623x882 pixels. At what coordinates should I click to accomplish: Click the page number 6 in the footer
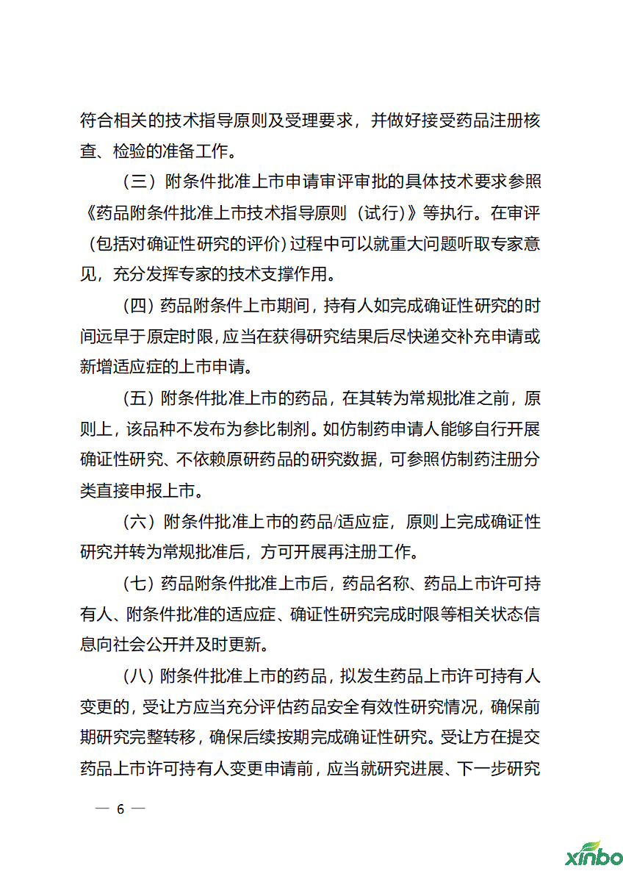[120, 809]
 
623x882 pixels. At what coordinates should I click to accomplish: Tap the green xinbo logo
[593, 855]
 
